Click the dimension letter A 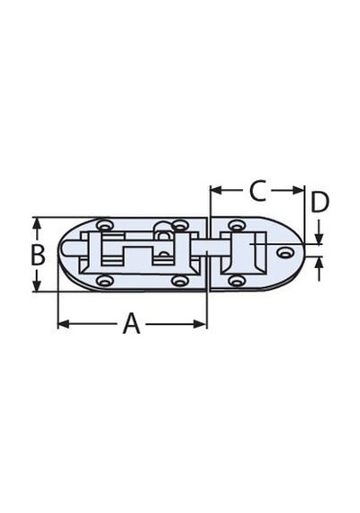[131, 324]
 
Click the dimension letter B [38, 255]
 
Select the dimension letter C [257, 191]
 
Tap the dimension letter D [319, 202]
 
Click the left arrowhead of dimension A [64, 324]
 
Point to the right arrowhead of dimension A [200, 324]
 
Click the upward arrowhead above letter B [37, 225]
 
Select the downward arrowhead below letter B [37, 284]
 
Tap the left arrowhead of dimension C [216, 191]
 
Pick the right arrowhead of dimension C [298, 191]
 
